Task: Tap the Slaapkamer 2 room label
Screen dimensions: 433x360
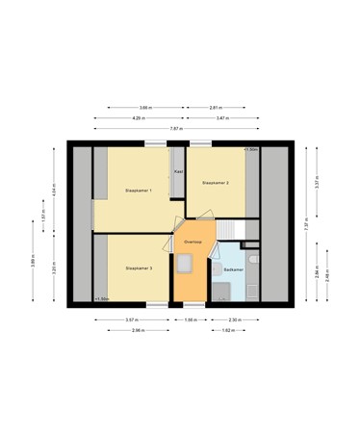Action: click(x=214, y=181)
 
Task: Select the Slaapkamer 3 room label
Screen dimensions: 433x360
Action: click(x=140, y=267)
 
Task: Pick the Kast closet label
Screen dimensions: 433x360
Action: click(x=178, y=171)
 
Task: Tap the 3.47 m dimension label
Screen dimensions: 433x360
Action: click(x=222, y=117)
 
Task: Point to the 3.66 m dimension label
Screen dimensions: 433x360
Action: click(x=144, y=107)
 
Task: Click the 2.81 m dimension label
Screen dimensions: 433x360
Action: click(x=217, y=107)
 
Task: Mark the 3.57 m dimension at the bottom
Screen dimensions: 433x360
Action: click(x=131, y=319)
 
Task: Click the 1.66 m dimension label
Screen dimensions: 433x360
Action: click(x=191, y=319)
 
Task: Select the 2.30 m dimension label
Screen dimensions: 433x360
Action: click(x=235, y=319)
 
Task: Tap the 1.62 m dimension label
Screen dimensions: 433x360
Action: click(x=226, y=330)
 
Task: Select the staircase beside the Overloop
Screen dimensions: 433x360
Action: click(x=231, y=231)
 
